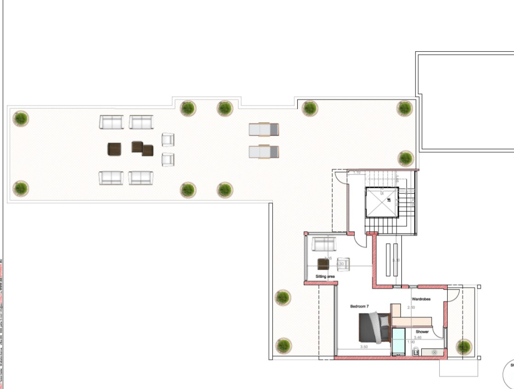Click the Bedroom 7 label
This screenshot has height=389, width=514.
pos(359,306)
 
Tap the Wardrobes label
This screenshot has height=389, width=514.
pos(421,299)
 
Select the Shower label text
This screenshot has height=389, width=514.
pos(422,332)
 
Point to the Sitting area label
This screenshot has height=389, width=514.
pos(325,276)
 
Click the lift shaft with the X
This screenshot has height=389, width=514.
pos(382,202)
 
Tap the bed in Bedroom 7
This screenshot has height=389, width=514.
pos(374,328)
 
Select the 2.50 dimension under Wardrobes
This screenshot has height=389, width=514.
pos(411,307)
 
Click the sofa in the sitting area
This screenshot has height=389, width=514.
pos(324,244)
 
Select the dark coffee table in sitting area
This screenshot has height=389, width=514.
pos(323,264)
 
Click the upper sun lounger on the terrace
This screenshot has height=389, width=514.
pos(264,129)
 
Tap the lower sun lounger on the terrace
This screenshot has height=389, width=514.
pos(264,151)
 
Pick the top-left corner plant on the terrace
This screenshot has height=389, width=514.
pos(20,118)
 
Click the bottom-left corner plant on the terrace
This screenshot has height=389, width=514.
pos(20,188)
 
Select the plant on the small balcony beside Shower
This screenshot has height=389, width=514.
pos(464,346)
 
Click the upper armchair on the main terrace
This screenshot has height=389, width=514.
pos(168,139)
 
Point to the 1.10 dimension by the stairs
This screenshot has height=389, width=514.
pos(357,172)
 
